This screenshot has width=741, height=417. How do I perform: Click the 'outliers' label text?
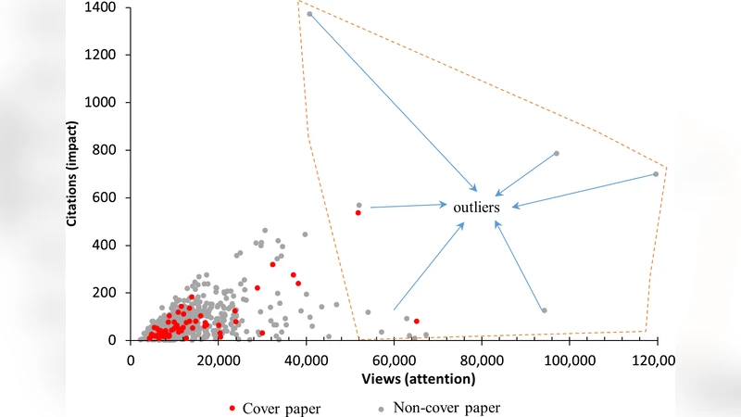coord(476,208)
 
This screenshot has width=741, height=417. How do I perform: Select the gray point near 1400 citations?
coord(309,14)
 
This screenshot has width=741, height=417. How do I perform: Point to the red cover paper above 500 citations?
coord(358,213)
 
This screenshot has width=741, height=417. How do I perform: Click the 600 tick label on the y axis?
coord(106,197)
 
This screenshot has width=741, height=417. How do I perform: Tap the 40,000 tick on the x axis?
coord(306,360)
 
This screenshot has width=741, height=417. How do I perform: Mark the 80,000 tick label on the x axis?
coord(482,360)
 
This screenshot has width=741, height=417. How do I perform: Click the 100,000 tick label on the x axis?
coord(569,360)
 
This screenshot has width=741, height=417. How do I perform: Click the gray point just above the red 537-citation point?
coord(358,205)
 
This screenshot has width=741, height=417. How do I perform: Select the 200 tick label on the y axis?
coord(106,293)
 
